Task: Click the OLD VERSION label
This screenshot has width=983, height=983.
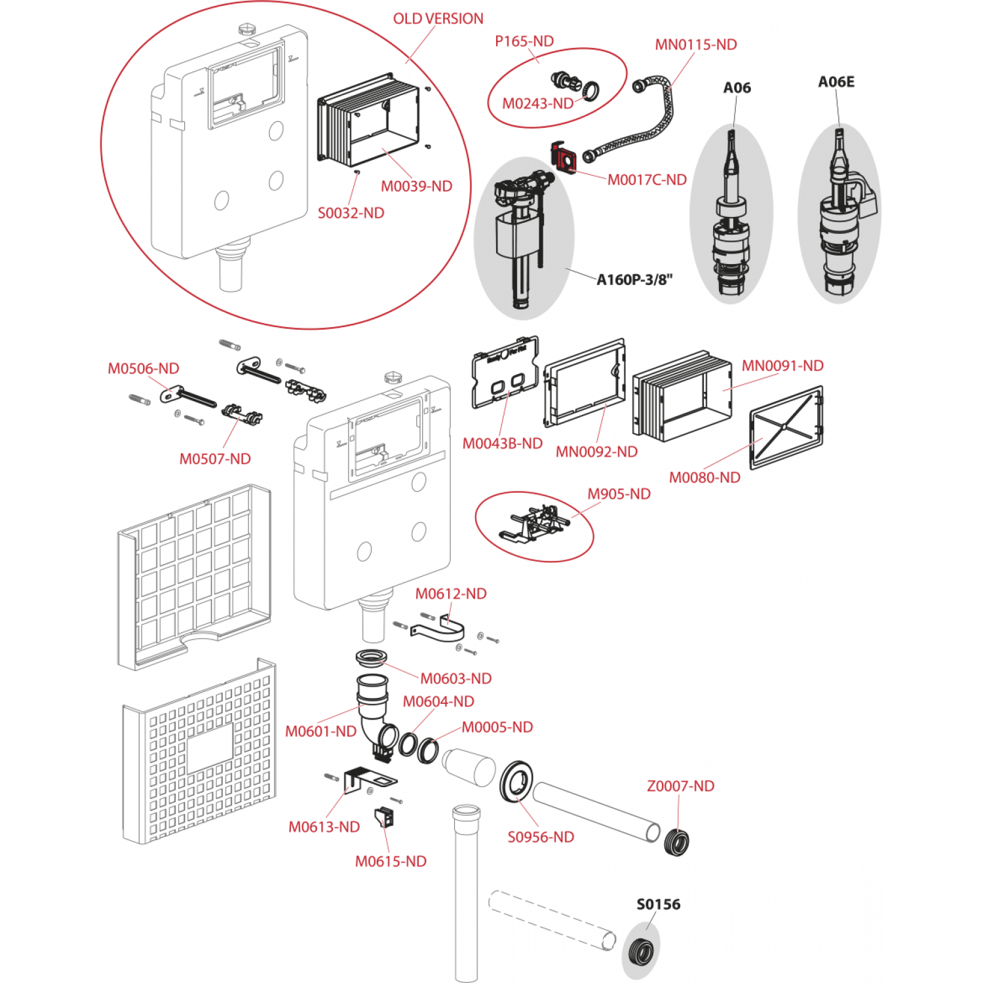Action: click(x=438, y=19)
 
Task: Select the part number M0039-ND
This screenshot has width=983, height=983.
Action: click(x=416, y=186)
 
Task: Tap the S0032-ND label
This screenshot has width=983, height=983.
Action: click(x=351, y=213)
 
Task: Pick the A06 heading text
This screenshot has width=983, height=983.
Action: click(x=737, y=88)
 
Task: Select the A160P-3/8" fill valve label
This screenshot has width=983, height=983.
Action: click(x=634, y=280)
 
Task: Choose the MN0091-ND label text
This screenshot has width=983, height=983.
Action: click(x=782, y=366)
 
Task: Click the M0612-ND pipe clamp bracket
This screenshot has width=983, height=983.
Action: click(x=439, y=630)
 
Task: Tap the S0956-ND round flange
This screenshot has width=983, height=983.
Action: click(x=516, y=781)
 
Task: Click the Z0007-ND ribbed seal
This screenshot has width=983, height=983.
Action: click(x=676, y=842)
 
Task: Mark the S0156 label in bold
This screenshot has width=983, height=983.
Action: click(x=658, y=904)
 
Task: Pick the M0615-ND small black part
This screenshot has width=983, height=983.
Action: click(x=383, y=818)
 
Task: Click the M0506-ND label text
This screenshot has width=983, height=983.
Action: click(x=144, y=368)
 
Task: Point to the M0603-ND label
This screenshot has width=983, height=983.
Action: click(x=455, y=678)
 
